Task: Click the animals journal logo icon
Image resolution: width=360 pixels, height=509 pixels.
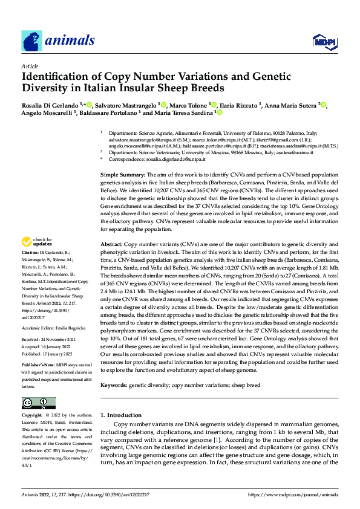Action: coord(32,40)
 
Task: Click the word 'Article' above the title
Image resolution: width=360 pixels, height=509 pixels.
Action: coord(29,66)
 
